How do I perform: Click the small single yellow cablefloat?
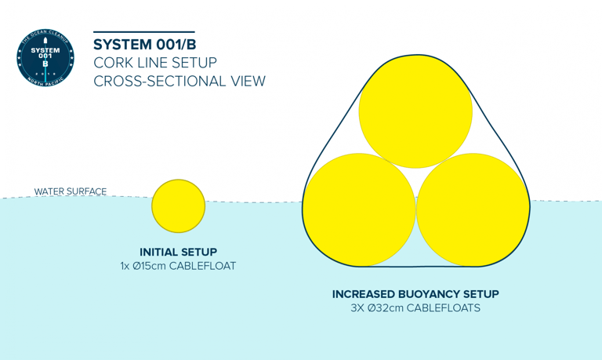tap(178, 206)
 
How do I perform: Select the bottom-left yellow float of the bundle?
tap(358, 209)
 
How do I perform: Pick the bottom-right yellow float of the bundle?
tap(472, 209)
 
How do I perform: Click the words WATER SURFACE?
tap(71, 191)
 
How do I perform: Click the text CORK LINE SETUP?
tap(154, 62)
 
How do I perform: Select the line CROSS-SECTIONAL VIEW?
tap(179, 81)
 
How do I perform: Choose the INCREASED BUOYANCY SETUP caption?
tap(415, 294)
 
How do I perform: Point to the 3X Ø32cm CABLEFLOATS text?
tap(415, 308)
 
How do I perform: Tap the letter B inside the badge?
tap(45, 64)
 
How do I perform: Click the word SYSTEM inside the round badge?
tap(45, 49)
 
